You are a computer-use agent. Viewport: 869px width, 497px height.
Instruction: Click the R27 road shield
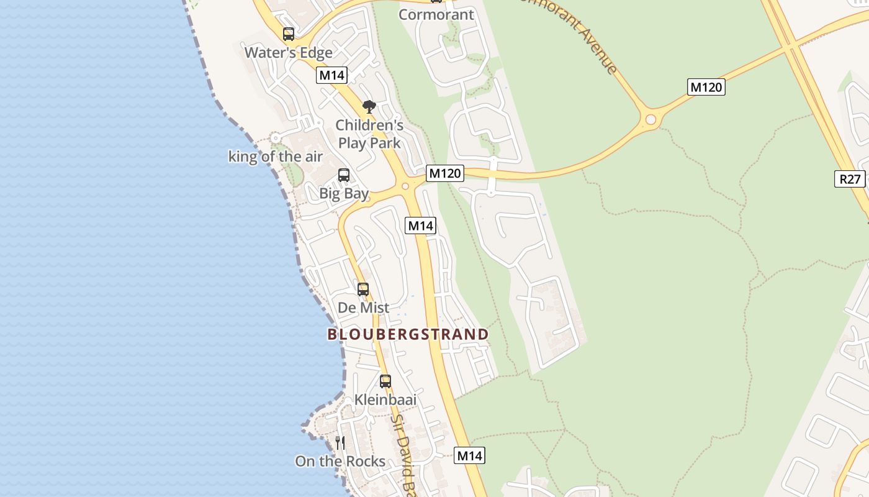click(x=850, y=180)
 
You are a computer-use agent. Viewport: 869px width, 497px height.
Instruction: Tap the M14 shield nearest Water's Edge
click(x=331, y=75)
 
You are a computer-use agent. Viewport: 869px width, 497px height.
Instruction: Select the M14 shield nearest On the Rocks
click(x=469, y=455)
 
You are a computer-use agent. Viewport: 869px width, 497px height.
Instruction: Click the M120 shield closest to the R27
click(x=706, y=87)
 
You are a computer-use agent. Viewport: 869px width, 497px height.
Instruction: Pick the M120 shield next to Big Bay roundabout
click(x=444, y=173)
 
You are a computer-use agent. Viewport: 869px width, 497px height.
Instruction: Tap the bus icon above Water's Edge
click(x=288, y=34)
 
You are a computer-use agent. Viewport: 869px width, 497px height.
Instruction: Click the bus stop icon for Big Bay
click(x=343, y=175)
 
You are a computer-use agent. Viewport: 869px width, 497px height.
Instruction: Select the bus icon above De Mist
click(x=362, y=289)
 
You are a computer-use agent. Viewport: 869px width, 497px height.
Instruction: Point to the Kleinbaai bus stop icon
click(x=385, y=381)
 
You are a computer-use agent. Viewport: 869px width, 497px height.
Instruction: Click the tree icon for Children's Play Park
click(x=369, y=107)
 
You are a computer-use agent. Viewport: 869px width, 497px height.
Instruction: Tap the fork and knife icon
click(x=340, y=442)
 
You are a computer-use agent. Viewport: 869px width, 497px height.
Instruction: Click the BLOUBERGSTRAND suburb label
click(x=408, y=334)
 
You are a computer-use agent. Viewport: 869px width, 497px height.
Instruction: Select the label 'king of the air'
click(x=275, y=157)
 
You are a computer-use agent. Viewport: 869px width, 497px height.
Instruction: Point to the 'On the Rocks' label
click(x=340, y=462)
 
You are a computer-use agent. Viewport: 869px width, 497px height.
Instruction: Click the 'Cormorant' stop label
click(x=436, y=14)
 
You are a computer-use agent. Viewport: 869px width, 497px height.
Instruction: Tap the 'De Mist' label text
click(x=363, y=308)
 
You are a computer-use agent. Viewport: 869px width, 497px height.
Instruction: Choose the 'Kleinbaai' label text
click(x=385, y=399)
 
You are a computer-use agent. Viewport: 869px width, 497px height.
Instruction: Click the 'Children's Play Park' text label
click(x=369, y=134)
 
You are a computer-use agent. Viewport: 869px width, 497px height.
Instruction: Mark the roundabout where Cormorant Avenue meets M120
click(x=651, y=119)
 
